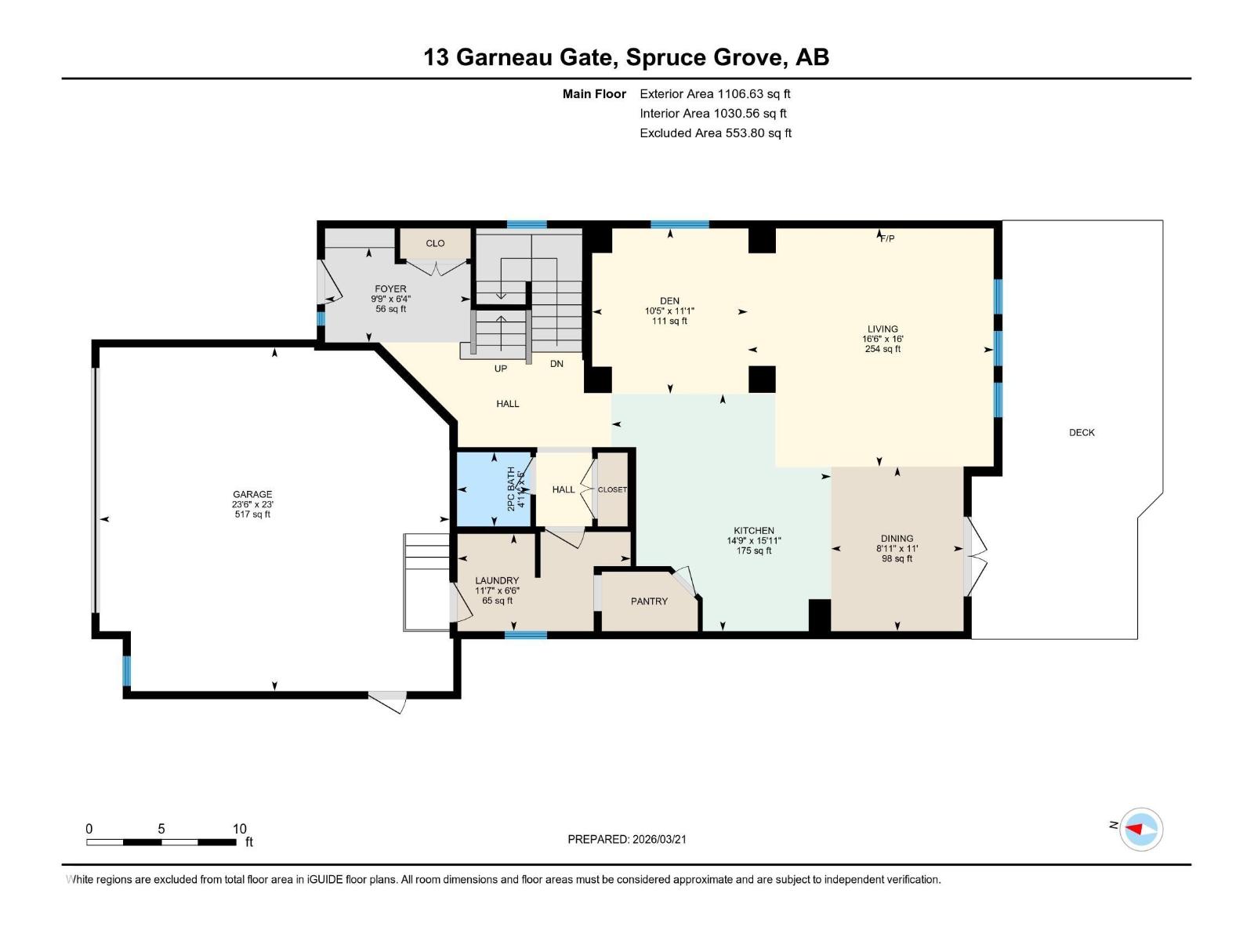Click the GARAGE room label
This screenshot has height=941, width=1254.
(252, 494)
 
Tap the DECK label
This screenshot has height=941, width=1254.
(1082, 432)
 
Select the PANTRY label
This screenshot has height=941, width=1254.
(649, 601)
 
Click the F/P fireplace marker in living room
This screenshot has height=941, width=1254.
(886, 238)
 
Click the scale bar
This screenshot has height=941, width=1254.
(161, 842)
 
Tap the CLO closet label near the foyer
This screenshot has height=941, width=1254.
(435, 243)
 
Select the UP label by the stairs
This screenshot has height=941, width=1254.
(500, 369)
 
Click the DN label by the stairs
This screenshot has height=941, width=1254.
(556, 364)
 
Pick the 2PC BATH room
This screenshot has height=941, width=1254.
(493, 489)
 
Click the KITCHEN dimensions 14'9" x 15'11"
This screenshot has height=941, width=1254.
(754, 540)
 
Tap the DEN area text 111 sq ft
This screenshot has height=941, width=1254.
(669, 321)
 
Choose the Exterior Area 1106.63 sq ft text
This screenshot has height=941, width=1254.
(715, 93)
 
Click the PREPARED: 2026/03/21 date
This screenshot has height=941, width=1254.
(627, 839)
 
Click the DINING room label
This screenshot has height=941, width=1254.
(897, 539)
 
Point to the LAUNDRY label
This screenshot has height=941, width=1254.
(497, 581)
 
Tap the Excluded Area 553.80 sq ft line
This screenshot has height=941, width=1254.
(715, 133)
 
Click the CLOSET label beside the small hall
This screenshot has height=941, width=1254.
(612, 489)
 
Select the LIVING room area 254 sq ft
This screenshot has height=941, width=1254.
(883, 349)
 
